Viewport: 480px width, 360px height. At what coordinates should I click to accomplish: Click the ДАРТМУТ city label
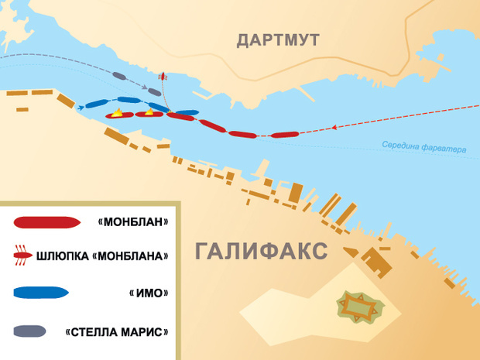(277, 40)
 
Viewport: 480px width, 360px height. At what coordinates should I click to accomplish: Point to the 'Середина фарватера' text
(424, 146)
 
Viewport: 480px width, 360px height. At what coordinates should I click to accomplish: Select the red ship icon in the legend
(47, 223)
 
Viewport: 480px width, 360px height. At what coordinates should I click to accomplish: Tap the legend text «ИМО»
(150, 293)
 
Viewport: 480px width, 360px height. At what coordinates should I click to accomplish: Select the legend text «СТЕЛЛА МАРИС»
(117, 332)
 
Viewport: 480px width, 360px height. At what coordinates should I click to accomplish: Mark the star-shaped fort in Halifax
(359, 308)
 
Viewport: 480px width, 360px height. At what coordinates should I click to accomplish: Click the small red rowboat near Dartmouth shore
(163, 77)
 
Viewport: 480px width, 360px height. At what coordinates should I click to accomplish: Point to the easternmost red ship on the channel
(284, 135)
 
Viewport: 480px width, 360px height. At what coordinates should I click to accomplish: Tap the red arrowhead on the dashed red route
(334, 127)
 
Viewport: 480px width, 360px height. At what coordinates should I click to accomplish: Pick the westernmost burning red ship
(118, 115)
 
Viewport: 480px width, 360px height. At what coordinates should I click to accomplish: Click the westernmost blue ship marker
(96, 104)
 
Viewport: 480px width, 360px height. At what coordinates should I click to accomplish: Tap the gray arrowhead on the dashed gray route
(146, 84)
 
